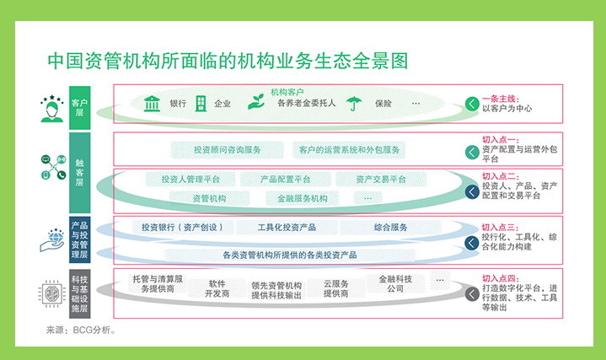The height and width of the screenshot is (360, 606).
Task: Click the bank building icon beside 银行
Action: point(152,104)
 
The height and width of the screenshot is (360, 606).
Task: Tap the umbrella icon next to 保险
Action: point(354,104)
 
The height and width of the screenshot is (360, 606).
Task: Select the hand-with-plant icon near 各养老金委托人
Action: point(256,102)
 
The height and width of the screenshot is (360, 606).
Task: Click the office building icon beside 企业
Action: point(201,104)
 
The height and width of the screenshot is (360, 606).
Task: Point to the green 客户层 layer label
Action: point(79,108)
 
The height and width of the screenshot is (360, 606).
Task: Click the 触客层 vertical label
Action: point(79,173)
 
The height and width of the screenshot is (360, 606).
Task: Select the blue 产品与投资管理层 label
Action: point(79,239)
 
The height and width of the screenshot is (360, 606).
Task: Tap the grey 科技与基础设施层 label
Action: point(79,294)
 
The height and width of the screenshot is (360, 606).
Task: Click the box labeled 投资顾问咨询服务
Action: point(228,149)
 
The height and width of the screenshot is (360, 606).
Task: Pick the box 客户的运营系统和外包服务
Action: point(349,149)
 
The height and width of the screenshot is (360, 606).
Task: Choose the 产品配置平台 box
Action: point(286,180)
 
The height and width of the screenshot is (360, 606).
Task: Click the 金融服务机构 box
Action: point(303,198)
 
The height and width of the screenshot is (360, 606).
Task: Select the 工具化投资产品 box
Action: point(287,228)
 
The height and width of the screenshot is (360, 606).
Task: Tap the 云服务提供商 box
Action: point(335,288)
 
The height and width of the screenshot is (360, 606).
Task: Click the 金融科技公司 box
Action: point(395,284)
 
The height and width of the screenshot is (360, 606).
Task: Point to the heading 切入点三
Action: point(500,228)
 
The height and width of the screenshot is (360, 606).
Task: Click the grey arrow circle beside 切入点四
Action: point(472,294)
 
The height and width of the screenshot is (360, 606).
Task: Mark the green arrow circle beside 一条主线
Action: point(472,104)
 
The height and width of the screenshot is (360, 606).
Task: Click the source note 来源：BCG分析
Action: point(81,330)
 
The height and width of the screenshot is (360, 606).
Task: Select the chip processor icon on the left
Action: point(52,294)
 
